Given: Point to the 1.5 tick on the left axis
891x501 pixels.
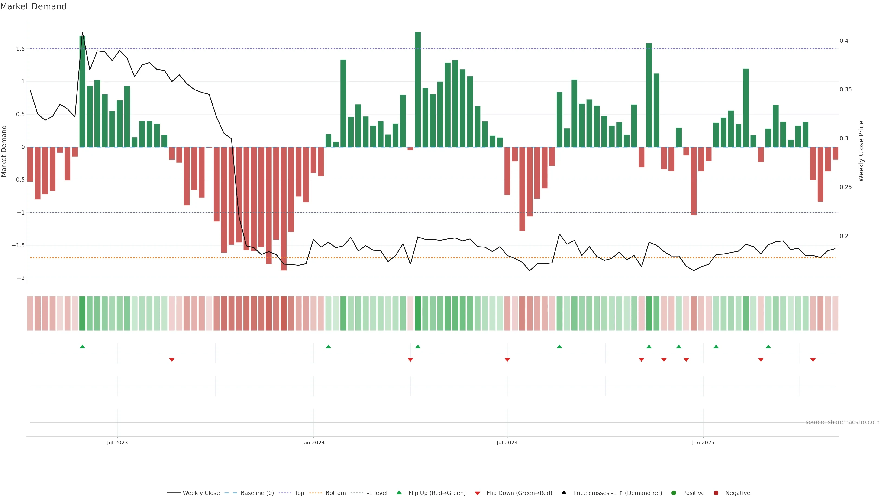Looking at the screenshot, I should [20, 49].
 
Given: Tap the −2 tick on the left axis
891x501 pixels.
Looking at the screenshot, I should [20, 278].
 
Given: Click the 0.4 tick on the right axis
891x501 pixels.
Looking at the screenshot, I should [844, 41].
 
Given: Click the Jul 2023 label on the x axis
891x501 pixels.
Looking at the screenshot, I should [117, 443].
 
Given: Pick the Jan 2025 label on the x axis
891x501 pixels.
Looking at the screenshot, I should [703, 443].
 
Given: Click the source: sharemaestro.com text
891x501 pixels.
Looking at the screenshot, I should [842, 422].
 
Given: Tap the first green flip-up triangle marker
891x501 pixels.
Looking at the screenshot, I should [82, 347].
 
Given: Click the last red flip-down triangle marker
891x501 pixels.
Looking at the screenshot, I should [813, 360].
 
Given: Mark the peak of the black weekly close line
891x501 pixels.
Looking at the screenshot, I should [82, 32].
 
